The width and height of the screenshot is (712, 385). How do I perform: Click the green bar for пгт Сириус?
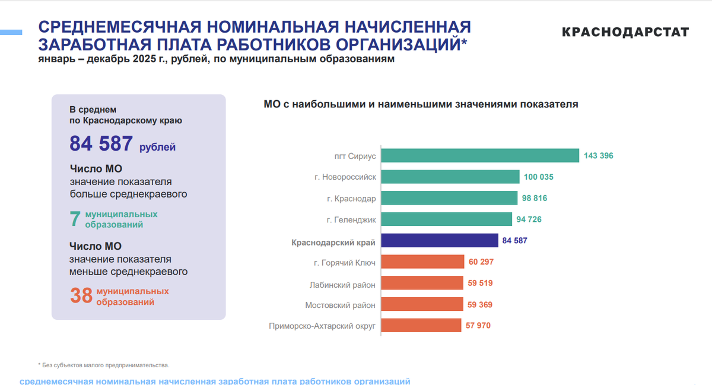point(479,155)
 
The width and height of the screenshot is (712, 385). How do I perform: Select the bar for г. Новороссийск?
point(450,177)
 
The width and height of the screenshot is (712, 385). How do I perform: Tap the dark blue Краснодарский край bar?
point(439,240)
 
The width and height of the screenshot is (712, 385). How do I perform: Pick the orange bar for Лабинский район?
point(422,283)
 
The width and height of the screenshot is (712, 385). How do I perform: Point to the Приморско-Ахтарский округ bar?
point(421,325)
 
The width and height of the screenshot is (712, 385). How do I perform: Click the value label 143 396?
point(598,155)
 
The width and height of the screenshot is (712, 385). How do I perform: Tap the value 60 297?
point(481,262)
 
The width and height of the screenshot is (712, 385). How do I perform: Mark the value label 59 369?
point(480,304)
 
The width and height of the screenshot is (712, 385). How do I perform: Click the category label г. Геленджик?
point(351,219)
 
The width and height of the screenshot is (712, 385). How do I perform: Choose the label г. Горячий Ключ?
point(345,262)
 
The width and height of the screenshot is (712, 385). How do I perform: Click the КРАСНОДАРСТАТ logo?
point(625,32)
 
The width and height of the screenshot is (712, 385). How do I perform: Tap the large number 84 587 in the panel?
point(101,144)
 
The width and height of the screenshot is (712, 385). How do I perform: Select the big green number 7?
point(75,219)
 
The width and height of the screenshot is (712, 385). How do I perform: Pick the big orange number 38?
point(81,296)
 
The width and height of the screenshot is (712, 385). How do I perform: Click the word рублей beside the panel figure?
point(157,147)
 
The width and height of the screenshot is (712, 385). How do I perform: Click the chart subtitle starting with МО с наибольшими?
point(420,104)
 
